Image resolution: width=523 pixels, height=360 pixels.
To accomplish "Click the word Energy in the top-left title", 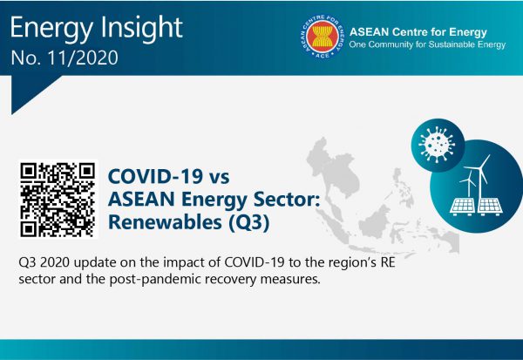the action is [51, 29].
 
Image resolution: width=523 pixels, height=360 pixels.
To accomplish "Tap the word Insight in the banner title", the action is [141, 26].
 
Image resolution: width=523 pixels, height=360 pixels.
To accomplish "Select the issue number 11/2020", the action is [83, 58].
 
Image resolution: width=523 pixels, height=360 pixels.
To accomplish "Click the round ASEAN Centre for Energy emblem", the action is [323, 37].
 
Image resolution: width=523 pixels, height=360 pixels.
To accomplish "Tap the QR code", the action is [58, 200].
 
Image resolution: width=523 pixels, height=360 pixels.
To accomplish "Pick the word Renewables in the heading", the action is [165, 222].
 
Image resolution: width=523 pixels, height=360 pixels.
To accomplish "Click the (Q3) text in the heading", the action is [248, 223].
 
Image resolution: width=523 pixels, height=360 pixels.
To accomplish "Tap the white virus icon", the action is [437, 144].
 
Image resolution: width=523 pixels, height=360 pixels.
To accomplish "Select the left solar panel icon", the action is [462, 207].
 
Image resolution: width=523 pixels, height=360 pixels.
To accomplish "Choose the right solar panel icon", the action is [490, 207].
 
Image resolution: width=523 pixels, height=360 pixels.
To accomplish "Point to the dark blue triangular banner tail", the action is [29, 90].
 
